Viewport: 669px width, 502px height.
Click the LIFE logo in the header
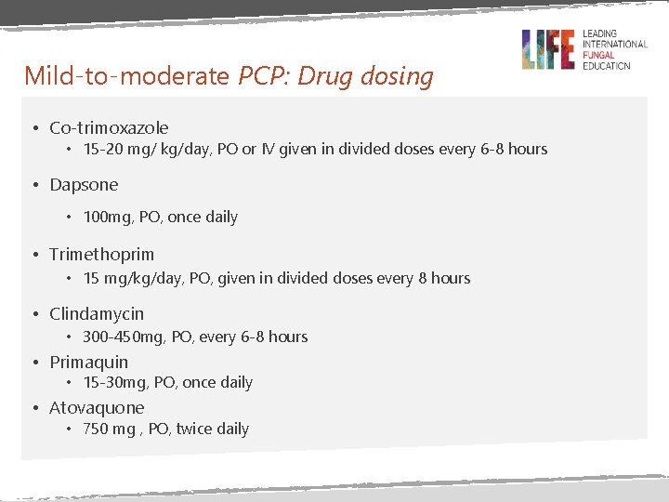548,48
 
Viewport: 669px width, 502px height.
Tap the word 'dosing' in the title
400,76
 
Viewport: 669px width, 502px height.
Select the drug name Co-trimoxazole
109,128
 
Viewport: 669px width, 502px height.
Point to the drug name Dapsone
84,185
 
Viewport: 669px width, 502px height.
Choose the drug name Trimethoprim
101,255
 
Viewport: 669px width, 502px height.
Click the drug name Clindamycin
97,314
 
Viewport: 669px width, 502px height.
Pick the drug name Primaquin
88,363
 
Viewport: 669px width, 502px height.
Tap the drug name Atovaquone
97,408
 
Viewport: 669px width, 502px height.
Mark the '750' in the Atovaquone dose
96,429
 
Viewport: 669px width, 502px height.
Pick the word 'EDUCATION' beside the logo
606,65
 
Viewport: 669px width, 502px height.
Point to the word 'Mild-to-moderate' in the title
126,75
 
